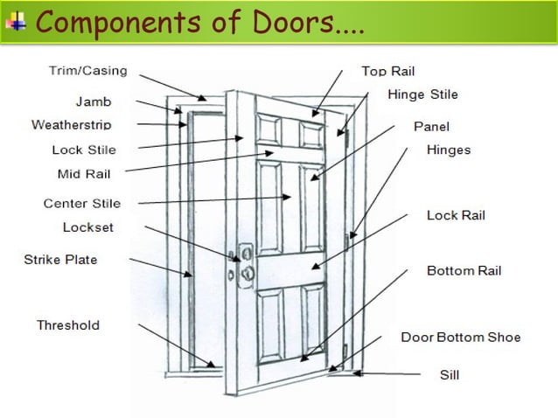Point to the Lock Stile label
[x=84, y=150]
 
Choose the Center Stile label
[x=82, y=204]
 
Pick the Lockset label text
[x=88, y=227]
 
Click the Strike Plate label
[x=60, y=260]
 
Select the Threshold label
[x=68, y=325]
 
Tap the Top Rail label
[x=388, y=72]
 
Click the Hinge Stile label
[x=422, y=94]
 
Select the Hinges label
[x=449, y=150]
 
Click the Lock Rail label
[x=456, y=215]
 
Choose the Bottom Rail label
[x=464, y=271]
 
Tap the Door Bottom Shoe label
[x=461, y=337]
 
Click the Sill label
[x=450, y=375]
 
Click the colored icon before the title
[x=16, y=19]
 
